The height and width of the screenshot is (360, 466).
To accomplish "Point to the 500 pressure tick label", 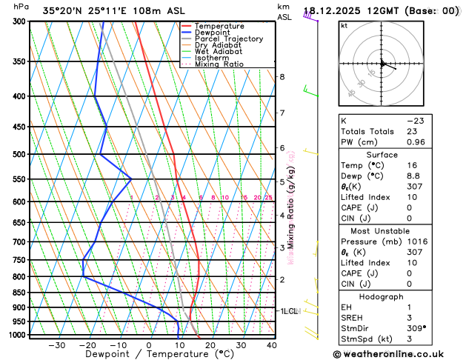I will [18, 154].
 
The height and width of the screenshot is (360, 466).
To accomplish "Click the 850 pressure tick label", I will [18, 293].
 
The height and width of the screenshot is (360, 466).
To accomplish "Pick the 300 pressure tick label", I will [18, 21].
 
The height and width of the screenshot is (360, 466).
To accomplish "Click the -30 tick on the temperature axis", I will [56, 345].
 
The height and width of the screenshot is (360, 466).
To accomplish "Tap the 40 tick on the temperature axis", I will [272, 345].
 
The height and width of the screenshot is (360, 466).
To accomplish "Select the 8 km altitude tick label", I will [282, 77].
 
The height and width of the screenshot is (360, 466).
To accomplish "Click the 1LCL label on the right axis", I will [288, 311].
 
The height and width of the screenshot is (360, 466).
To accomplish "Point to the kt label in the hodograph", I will [344, 25].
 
